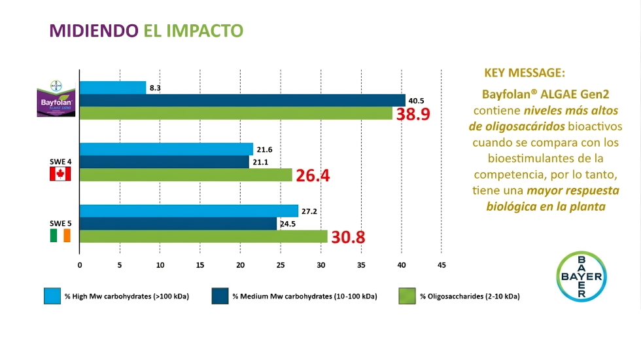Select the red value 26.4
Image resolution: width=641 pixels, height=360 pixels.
point(314,175)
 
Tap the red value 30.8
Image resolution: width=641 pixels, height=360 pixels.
point(348,237)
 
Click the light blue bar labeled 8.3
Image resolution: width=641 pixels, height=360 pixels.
point(113,88)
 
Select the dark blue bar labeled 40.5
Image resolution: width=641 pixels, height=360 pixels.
point(242,100)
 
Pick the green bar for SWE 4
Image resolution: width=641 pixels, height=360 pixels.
point(186,175)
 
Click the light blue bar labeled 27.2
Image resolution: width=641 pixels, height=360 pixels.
point(188,211)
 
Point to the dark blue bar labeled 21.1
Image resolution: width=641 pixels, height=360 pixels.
point(164,162)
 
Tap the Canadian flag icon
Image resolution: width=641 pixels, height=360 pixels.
point(60,174)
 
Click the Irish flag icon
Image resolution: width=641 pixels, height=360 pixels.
point(60,236)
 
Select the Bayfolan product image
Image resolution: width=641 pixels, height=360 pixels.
point(58,99)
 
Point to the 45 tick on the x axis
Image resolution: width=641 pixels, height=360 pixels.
point(442,265)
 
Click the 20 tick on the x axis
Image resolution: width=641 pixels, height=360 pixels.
point(241,265)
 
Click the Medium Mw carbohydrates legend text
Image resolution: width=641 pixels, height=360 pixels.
point(305,297)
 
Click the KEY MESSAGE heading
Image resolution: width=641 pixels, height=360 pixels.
point(525,73)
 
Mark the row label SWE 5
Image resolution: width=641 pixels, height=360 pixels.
point(60,223)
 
